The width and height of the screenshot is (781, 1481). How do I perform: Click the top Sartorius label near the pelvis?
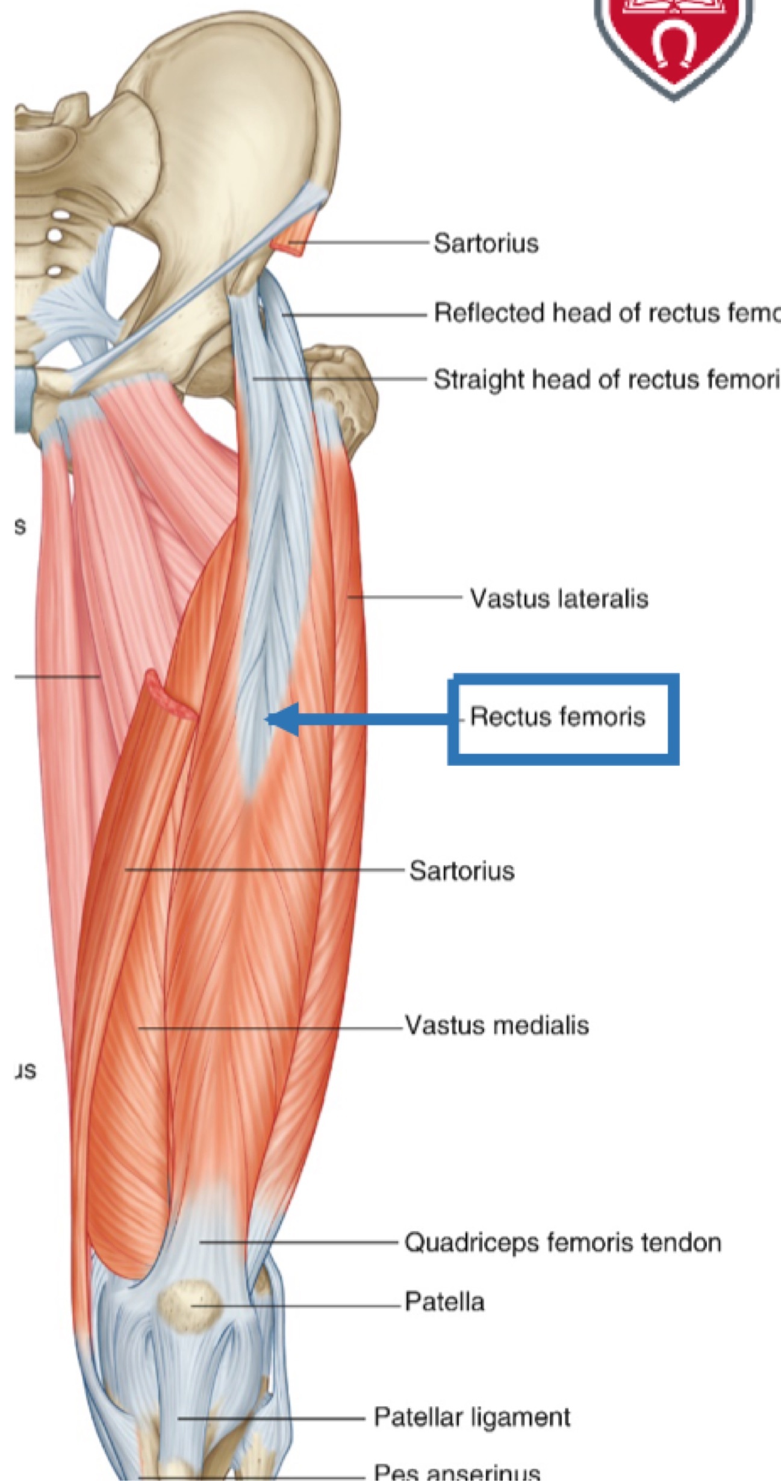click(x=486, y=244)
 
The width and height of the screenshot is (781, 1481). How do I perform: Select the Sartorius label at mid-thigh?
click(x=462, y=871)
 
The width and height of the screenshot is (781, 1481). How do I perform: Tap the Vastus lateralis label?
click(x=559, y=598)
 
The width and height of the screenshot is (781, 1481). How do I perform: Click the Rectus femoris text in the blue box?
click(x=557, y=717)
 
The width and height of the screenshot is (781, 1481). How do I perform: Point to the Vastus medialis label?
click(x=497, y=1025)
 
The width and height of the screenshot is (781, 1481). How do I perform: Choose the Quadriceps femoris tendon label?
click(x=562, y=1243)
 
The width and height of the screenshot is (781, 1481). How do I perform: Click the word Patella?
click(x=444, y=1302)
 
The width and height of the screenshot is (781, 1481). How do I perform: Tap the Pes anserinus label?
click(x=457, y=1468)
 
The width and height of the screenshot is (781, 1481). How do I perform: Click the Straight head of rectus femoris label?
click(x=605, y=380)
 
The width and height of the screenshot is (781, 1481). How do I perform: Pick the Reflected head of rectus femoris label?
click(x=605, y=312)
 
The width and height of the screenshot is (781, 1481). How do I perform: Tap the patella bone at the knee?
click(x=189, y=1303)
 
